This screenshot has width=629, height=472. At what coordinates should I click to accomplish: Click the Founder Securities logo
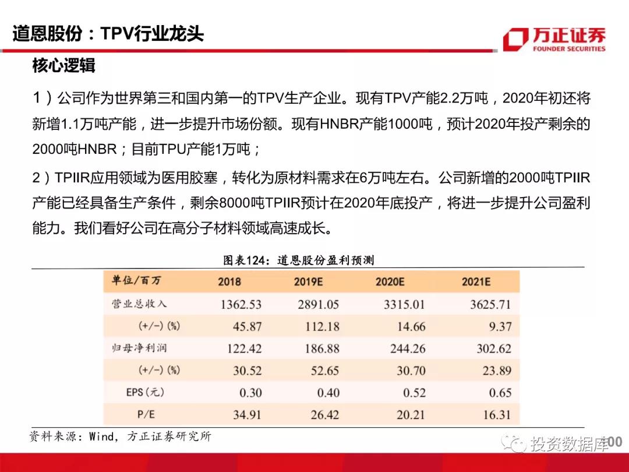[553, 39]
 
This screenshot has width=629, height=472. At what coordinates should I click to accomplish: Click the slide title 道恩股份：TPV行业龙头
[108, 33]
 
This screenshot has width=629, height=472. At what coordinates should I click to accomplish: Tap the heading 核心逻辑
[63, 66]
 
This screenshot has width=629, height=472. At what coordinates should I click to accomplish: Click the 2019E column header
[308, 282]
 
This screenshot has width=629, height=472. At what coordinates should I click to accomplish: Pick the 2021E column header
[476, 282]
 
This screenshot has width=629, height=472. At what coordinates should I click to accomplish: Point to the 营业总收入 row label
[139, 304]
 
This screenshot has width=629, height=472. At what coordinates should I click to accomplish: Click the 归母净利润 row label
[139, 348]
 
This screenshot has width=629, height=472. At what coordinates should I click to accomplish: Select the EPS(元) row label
[145, 392]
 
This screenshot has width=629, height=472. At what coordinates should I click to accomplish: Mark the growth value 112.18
[322, 326]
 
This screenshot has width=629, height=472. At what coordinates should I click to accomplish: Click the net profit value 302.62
[493, 348]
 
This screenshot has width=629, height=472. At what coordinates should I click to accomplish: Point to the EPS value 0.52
[414, 393]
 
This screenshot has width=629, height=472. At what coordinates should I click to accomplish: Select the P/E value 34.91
[246, 415]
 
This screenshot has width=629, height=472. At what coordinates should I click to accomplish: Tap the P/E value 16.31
[497, 415]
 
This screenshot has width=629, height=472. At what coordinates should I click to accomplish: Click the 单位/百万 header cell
[136, 281]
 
